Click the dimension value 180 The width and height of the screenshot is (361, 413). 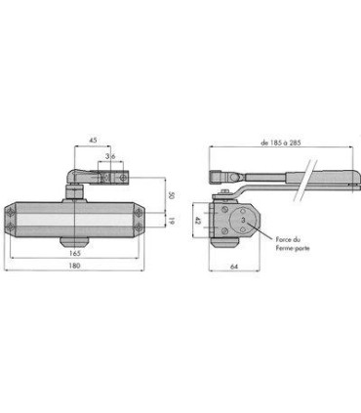click(x=75, y=266)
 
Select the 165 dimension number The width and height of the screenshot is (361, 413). click(x=75, y=253)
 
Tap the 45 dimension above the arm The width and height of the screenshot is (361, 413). click(x=93, y=141)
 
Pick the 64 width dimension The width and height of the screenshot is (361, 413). click(x=234, y=267)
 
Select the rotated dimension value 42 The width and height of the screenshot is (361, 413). click(x=197, y=221)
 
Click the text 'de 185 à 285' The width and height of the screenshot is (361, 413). click(x=281, y=143)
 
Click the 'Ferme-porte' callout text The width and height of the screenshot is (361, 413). click(x=293, y=248)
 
